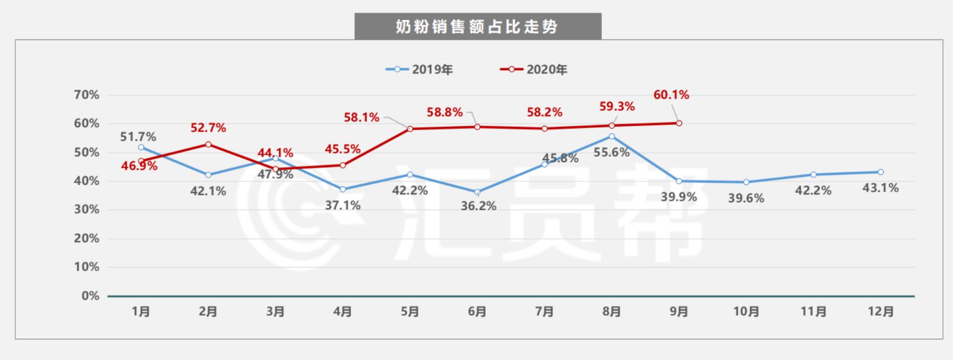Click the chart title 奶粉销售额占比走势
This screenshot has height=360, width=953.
pos(477,27)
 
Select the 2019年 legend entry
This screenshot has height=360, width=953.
pos(420,70)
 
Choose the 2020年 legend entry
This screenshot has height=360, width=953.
pos(534,70)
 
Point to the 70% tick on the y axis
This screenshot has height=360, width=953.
pos(87,95)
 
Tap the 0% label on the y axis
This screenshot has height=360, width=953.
pos(90,296)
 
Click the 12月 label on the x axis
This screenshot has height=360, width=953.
pos(881,312)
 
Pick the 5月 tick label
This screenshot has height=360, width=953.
pos(410,312)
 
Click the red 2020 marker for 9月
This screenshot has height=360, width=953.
pos(679,123)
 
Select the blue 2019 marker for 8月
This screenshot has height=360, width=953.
pos(612,136)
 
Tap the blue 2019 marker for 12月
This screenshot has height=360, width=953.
pos(881,172)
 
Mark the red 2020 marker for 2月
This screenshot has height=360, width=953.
pos(208,144)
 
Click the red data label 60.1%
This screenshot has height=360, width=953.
pos(671,95)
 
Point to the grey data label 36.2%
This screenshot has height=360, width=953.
pos(478,206)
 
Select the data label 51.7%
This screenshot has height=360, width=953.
pos(138,137)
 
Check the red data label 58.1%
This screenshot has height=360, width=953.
pos(362,118)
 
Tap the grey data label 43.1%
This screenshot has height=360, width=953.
pos(881,188)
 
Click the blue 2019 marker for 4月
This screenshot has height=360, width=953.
pos(342,189)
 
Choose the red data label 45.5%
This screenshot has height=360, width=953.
pos(343,149)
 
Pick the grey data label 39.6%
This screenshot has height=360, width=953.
pos(746,198)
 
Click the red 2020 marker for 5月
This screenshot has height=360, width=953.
pos(410,129)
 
